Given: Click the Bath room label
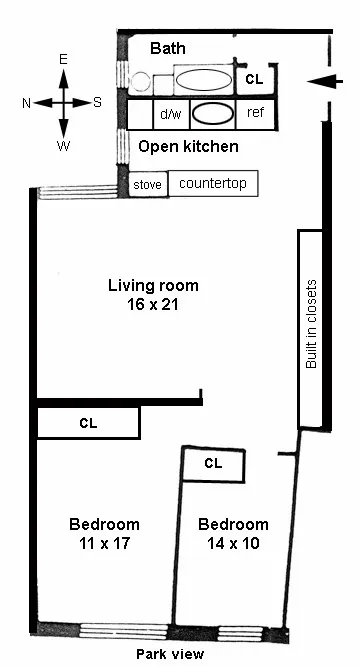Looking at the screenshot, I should (x=168, y=48).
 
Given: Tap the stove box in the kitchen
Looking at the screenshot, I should (x=147, y=185).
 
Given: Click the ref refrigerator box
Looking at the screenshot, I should (x=255, y=112).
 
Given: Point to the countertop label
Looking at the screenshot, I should (x=212, y=184).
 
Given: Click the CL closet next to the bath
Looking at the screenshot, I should (x=254, y=78).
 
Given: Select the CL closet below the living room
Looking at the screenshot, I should (x=88, y=423).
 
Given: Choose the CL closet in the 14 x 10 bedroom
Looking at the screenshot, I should (x=212, y=463).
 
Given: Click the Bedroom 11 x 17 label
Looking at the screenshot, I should (x=104, y=533).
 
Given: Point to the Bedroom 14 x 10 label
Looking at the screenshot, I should (x=233, y=533).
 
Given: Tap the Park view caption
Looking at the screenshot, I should (x=170, y=654).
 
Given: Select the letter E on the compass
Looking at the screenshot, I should (x=63, y=60).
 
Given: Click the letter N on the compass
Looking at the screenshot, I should (x=26, y=102).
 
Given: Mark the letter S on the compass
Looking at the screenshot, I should (x=97, y=102).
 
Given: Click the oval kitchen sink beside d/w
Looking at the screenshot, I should (x=211, y=113).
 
